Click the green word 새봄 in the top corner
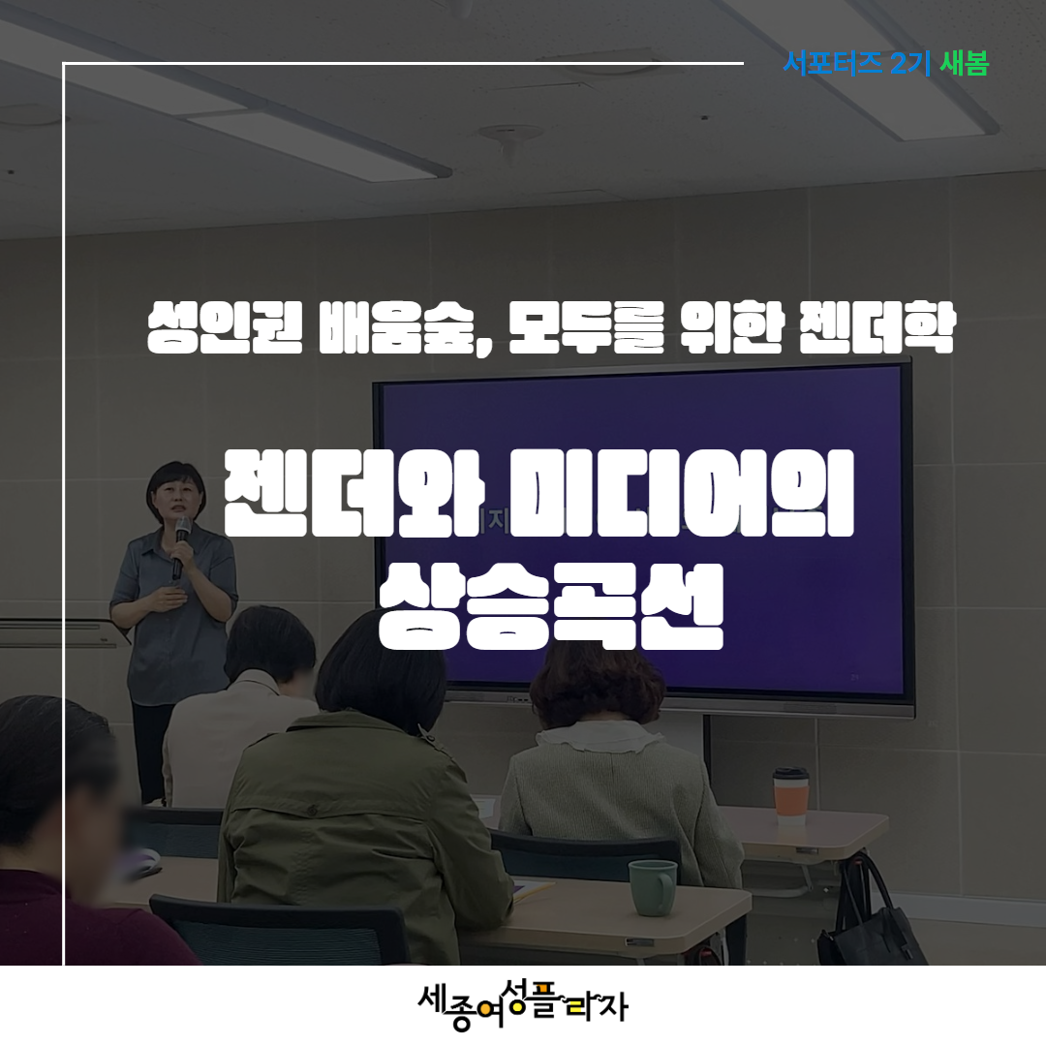pos(964,63)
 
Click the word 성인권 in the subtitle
pos(225,327)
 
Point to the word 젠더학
pos(877,327)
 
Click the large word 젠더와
pos(354,493)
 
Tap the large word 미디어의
pos(681,493)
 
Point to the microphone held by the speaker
pos(180,546)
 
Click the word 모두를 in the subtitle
pos(587,327)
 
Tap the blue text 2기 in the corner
pos(910,63)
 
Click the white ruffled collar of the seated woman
pos(600,738)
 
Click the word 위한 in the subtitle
pos(731,327)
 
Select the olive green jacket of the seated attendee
pos(363,834)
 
